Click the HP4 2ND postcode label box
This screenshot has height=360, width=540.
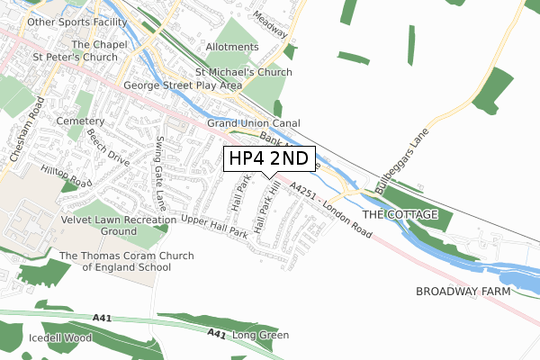tap(269, 159)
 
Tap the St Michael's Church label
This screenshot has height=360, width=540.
tap(244, 72)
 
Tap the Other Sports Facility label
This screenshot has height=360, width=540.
tap(68, 21)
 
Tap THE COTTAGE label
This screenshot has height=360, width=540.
tap(400, 215)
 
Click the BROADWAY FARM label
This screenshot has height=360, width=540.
tap(463, 292)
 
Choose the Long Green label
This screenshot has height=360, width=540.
tap(260, 336)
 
